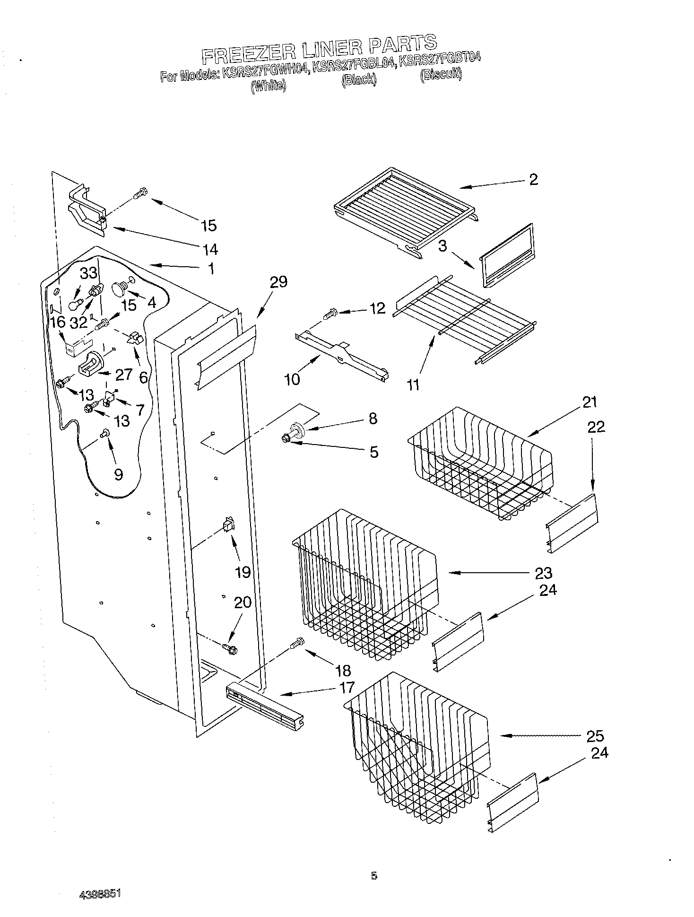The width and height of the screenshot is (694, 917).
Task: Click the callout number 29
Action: [x=278, y=282]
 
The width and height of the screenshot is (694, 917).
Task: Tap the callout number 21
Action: [x=590, y=402]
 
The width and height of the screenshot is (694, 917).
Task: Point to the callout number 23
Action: [x=543, y=573]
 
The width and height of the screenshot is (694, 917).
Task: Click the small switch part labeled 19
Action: [x=228, y=524]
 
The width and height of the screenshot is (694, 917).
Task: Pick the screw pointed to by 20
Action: [x=229, y=648]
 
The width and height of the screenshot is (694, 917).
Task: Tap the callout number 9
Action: [x=118, y=474]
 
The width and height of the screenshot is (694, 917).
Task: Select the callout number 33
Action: [x=88, y=273]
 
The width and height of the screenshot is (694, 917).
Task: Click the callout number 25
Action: [x=595, y=736]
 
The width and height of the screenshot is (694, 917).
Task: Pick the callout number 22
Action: [x=596, y=427]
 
